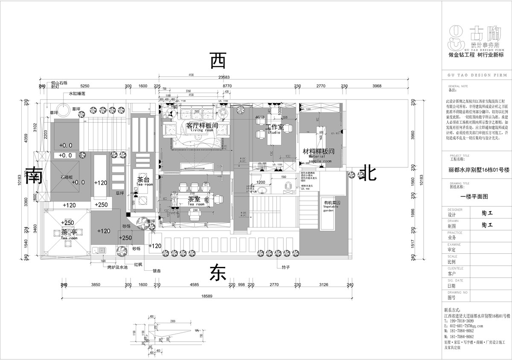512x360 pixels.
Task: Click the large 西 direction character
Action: [x=218, y=61]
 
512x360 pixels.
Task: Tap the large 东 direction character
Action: [x=217, y=272]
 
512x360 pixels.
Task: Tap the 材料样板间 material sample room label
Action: [x=318, y=152]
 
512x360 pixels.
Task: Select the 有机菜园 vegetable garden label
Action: [x=331, y=203]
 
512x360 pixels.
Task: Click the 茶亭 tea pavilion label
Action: [x=68, y=232]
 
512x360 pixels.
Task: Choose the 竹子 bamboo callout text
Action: [x=286, y=267]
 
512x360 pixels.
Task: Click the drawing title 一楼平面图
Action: [x=473, y=197]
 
